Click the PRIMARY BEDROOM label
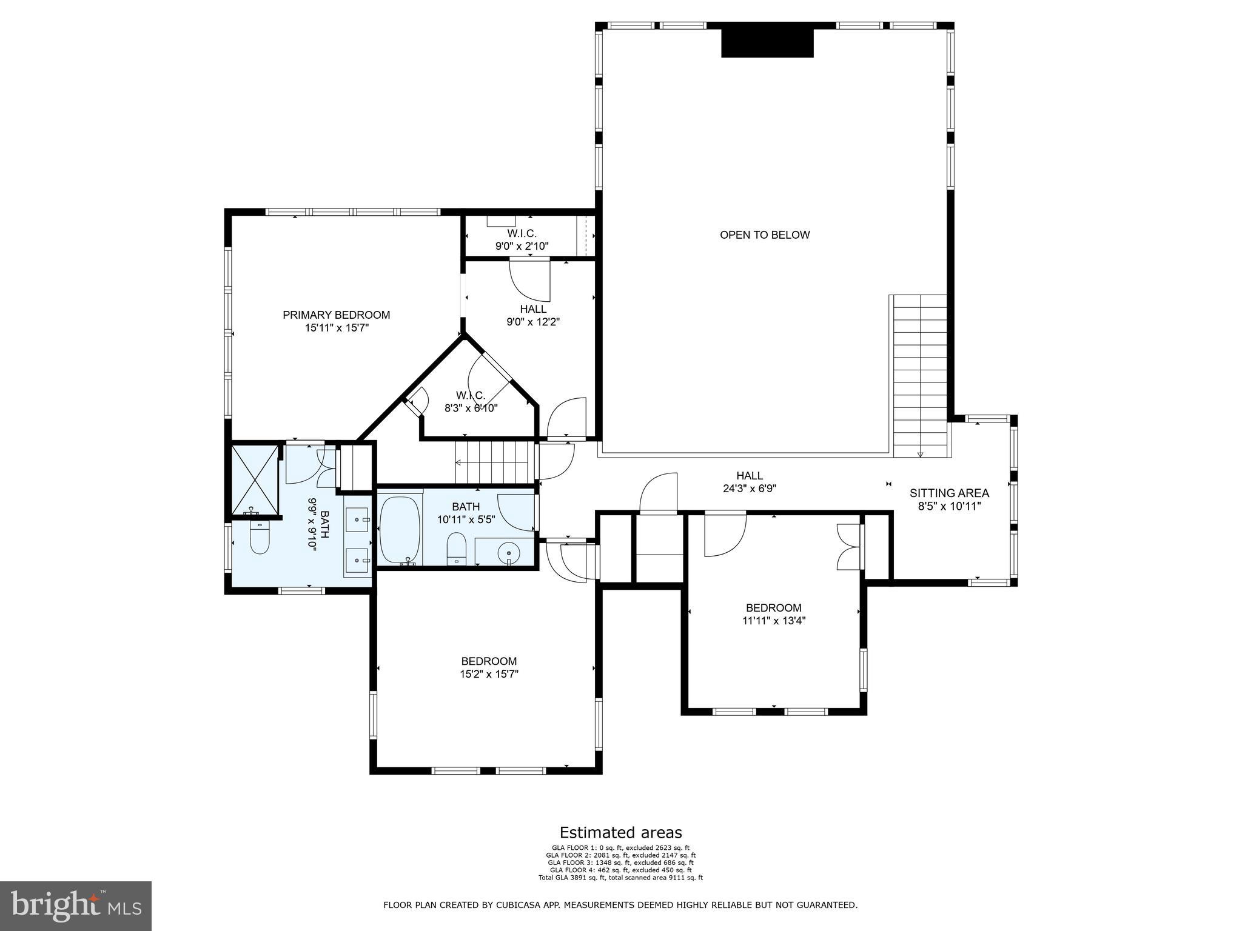coord(336,315)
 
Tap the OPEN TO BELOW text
coord(764,235)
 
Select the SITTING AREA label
coord(949,493)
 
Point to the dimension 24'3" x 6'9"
coord(750,489)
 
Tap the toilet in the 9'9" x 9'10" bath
coord(260,537)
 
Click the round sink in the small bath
coord(508,552)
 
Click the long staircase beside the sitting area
coord(920,376)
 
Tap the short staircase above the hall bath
coord(494,462)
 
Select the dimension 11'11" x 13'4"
coord(774,621)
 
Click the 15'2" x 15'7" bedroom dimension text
coord(489,674)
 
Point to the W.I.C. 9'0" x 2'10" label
coord(522,240)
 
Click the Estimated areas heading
coord(620,833)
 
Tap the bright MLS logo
coord(76,906)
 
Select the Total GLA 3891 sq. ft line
coord(620,878)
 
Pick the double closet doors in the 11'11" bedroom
coord(848,547)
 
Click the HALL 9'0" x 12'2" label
coord(532,315)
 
